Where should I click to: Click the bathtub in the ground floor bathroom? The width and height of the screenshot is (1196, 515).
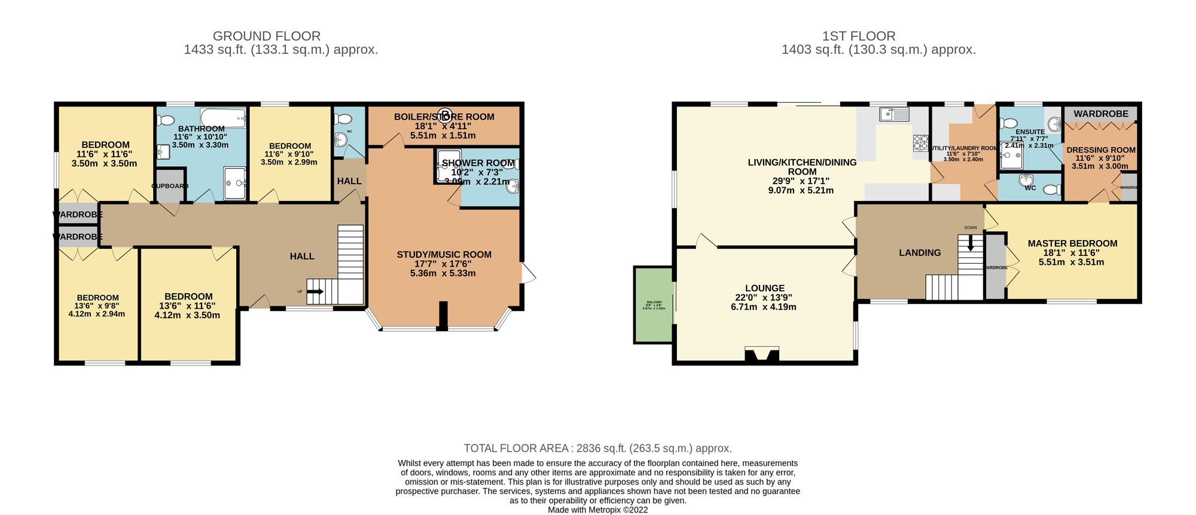[222, 117]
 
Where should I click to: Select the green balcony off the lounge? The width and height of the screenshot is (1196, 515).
[653, 305]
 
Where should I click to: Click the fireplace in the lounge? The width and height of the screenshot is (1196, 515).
[762, 355]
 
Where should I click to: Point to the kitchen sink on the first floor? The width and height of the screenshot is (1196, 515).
[894, 114]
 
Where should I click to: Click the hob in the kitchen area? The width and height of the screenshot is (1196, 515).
[920, 142]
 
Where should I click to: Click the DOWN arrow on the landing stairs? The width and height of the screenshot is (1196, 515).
[970, 243]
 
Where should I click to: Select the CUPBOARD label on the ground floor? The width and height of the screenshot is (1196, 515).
[170, 186]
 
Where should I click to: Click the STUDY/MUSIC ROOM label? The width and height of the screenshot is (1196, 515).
[444, 255]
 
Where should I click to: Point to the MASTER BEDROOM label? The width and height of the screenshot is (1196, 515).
[1072, 243]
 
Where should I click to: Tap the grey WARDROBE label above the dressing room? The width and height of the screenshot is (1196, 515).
[1100, 114]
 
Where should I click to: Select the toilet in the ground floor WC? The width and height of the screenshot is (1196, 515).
[343, 118]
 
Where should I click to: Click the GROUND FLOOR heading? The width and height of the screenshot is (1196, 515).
[267, 36]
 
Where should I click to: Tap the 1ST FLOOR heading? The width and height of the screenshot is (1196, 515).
[858, 36]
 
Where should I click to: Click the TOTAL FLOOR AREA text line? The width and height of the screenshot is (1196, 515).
[597, 448]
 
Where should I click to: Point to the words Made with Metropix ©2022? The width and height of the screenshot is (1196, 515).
[597, 510]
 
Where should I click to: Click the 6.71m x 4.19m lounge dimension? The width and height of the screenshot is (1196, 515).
[764, 307]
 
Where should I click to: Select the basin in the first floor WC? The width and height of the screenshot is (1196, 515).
[1027, 179]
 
